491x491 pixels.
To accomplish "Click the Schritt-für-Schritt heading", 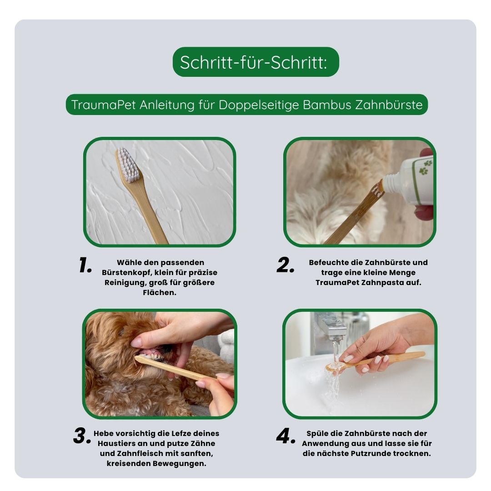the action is [254, 62].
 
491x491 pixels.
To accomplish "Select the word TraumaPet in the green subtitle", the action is [104, 105].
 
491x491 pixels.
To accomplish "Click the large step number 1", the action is [85, 265].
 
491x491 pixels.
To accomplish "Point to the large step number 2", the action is [285, 265].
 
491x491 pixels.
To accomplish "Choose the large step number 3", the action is [82, 436].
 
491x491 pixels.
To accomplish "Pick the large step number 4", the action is [286, 436].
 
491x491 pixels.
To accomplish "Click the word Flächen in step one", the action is [160, 292].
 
